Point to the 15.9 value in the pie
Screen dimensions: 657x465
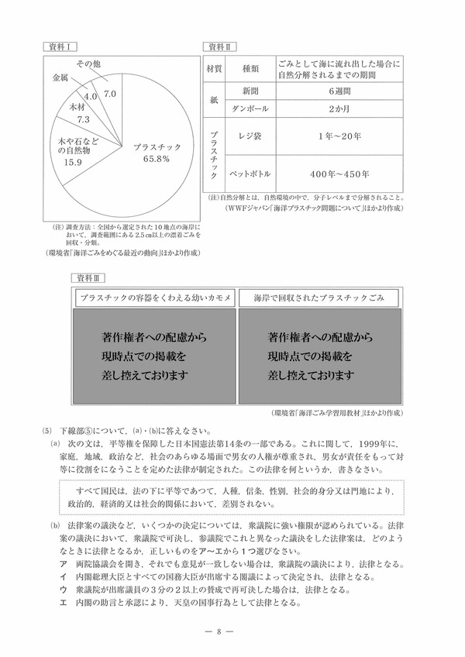(72, 163)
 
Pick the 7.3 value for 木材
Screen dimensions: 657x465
(84, 120)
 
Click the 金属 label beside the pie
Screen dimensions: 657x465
(60, 78)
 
